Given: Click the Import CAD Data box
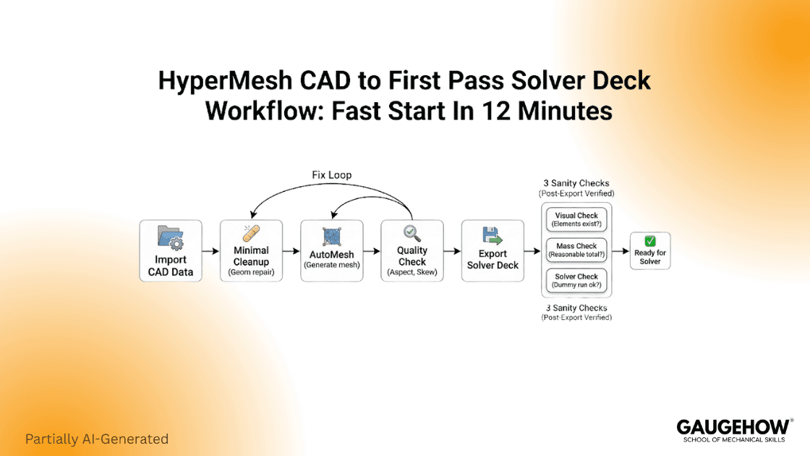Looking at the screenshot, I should [x=170, y=250].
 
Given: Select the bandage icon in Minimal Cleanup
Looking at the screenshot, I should [x=251, y=233].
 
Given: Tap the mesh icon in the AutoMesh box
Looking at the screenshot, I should [x=332, y=235].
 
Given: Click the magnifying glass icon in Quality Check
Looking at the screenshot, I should [x=412, y=233].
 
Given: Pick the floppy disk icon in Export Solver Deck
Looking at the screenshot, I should [x=493, y=236].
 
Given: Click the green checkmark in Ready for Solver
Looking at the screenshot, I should [x=649, y=240].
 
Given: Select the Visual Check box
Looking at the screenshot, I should [x=576, y=219].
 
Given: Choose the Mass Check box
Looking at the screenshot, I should [x=576, y=250].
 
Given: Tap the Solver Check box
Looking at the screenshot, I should [x=576, y=281].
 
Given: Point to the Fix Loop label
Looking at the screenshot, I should [x=331, y=176].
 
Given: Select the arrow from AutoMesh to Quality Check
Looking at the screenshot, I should [x=372, y=251].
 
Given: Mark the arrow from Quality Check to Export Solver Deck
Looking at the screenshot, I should [x=452, y=251].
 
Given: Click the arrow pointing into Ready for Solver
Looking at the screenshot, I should [x=621, y=251].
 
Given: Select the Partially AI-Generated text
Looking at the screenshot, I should [x=97, y=439].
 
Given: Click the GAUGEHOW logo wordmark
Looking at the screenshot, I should [x=731, y=426].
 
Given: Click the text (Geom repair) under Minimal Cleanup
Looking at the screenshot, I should [x=251, y=272].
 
